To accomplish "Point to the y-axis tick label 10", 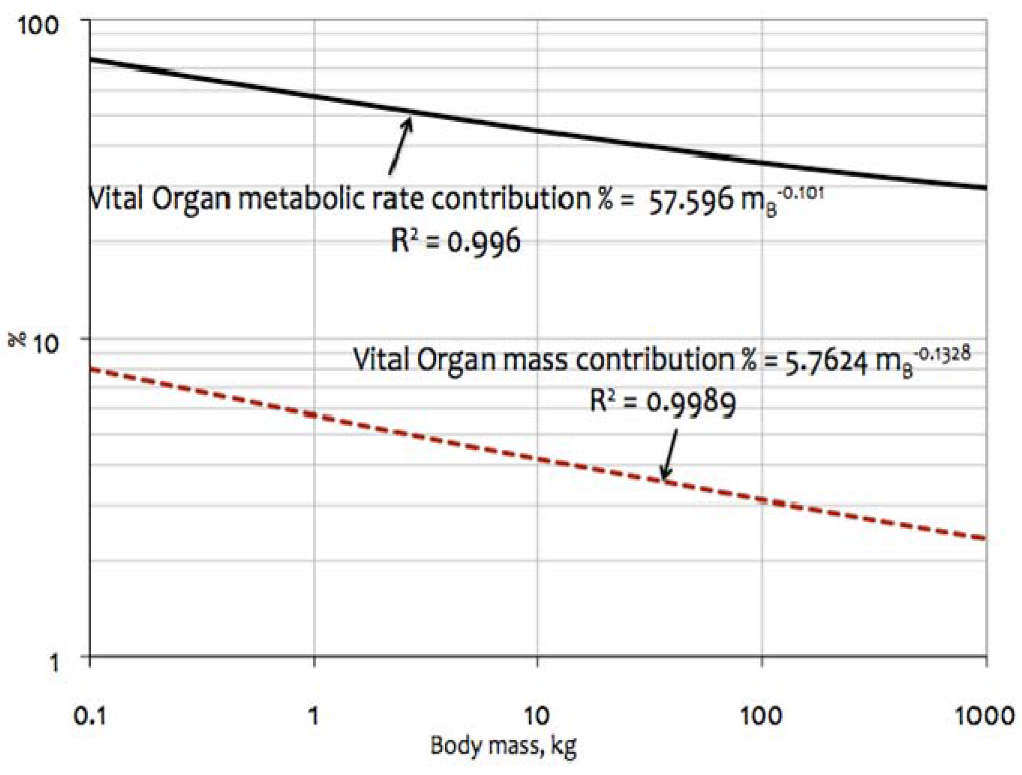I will click(46, 344).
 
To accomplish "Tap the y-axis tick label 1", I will click(54, 662).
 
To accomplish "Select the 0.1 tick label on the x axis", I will click(89, 716).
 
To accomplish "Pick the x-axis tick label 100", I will click(761, 716).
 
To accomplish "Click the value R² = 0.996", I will click(455, 241).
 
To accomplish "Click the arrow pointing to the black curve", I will click(400, 145).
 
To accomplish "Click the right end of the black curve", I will click(984, 187).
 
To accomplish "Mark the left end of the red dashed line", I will click(93, 369).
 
